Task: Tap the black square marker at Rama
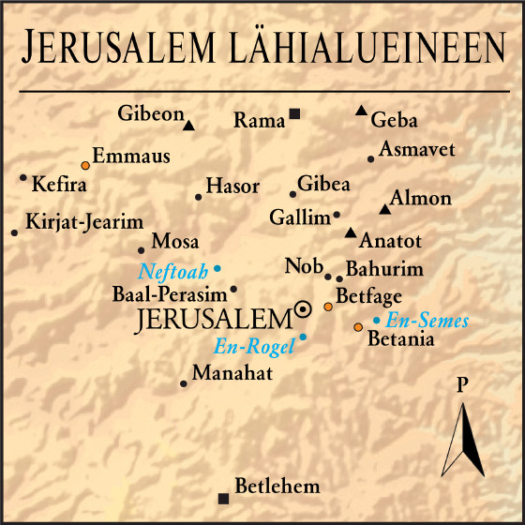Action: pyautogui.click(x=294, y=114)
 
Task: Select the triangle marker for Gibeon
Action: pyautogui.click(x=188, y=125)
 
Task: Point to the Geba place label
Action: pyautogui.click(x=394, y=121)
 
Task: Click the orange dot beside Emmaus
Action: pyautogui.click(x=84, y=164)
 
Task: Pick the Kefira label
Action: pyautogui.click(x=59, y=184)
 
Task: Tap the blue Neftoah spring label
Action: pyautogui.click(x=173, y=273)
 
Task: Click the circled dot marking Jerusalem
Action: pyautogui.click(x=303, y=309)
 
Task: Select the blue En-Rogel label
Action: pyautogui.click(x=254, y=346)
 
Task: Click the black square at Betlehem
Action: pyautogui.click(x=222, y=498)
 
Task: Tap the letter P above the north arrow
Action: pyautogui.click(x=461, y=385)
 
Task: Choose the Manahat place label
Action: pyautogui.click(x=232, y=374)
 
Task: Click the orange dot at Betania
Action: pyautogui.click(x=357, y=327)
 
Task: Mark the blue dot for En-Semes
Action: pyautogui.click(x=376, y=321)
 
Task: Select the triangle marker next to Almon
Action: pyautogui.click(x=383, y=209)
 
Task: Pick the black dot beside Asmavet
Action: pyautogui.click(x=371, y=159)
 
